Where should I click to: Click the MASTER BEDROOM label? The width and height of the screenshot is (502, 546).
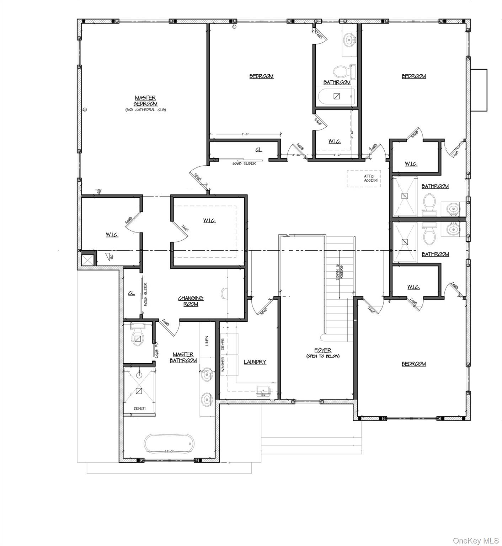[x=145, y=101]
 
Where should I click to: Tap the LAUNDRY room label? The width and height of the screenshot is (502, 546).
[x=255, y=362]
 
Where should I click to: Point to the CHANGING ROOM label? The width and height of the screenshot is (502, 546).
[x=191, y=301]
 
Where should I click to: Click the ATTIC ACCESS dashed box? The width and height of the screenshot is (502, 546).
[x=364, y=178]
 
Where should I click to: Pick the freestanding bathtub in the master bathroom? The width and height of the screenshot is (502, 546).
[x=169, y=444]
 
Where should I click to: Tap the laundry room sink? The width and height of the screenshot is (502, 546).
[x=263, y=391]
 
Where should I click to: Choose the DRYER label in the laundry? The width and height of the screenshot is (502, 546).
[x=223, y=344]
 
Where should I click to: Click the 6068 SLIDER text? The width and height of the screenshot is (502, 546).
[x=244, y=163]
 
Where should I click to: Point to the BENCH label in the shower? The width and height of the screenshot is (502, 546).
[x=140, y=408]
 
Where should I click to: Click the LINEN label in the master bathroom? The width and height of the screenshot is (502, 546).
[x=207, y=341]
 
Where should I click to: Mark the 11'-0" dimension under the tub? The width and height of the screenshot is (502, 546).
[x=169, y=451]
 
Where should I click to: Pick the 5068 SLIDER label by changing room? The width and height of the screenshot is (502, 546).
[x=146, y=294]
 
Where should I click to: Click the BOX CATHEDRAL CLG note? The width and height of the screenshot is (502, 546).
[x=145, y=110]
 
